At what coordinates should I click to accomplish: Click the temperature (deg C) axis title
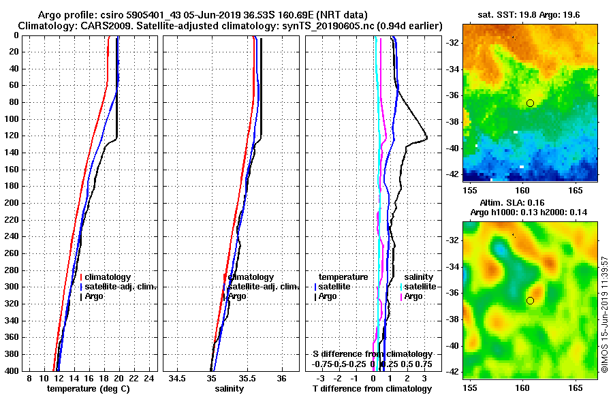click(x=88, y=389)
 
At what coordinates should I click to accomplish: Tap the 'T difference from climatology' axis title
click(x=372, y=389)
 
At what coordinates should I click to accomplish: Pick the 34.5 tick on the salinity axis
click(x=178, y=378)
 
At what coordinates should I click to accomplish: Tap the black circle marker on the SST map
click(x=530, y=103)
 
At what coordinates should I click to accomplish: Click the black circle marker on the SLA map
click(x=530, y=300)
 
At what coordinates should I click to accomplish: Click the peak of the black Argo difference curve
click(x=426, y=138)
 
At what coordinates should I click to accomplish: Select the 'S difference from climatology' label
click(x=372, y=354)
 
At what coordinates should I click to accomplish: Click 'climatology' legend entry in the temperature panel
click(x=106, y=277)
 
